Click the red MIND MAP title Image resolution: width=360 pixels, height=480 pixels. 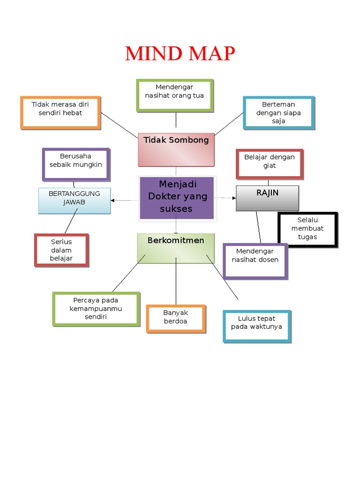(180, 54)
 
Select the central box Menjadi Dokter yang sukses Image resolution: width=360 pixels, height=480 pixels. (177, 197)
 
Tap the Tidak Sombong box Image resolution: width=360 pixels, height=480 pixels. (176, 150)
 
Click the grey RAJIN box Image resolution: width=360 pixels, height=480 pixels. (267, 198)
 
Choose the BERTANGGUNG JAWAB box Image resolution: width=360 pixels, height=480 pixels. (75, 201)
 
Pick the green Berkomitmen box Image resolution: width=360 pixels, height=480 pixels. (176, 248)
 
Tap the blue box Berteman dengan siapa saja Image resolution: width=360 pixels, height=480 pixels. (278, 112)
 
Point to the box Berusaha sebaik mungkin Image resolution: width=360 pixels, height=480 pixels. (76, 164)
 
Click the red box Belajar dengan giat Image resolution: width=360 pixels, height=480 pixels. (270, 164)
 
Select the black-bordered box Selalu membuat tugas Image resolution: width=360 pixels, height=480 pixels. (307, 229)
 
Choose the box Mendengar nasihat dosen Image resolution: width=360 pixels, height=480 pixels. (255, 261)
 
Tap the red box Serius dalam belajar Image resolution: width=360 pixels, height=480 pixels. (61, 250)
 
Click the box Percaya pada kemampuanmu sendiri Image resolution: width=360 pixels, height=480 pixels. (96, 308)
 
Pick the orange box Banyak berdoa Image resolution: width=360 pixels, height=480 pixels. (175, 318)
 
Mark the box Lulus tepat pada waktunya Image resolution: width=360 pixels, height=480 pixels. (256, 326)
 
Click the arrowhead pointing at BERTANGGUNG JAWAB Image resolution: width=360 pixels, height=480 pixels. (113, 201)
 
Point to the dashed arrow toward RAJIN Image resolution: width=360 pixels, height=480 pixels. (225, 198)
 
